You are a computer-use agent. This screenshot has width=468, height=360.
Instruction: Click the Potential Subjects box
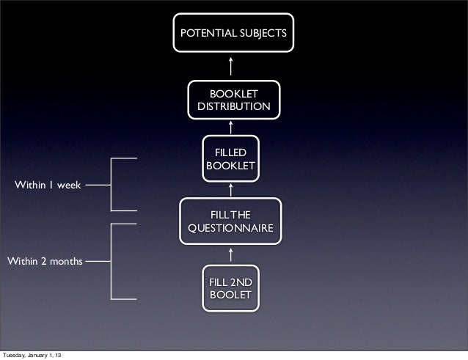[231, 33]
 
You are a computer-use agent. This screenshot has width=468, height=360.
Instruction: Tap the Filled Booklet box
[230, 159]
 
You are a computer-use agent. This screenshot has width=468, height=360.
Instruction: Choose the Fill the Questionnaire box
[230, 221]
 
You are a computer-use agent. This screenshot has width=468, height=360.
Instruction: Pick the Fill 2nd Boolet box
[230, 289]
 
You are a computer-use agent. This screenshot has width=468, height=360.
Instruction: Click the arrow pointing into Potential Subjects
[231, 65]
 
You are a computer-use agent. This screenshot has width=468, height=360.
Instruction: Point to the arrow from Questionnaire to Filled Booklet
[231, 189]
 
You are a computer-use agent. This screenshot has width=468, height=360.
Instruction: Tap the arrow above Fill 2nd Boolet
[231, 254]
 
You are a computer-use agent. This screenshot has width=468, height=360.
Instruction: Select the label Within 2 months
[45, 260]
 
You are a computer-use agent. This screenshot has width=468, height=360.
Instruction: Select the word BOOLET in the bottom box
[230, 295]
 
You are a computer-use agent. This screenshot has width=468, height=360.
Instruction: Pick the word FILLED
[230, 153]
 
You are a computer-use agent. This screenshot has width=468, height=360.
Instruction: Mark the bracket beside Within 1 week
[111, 185]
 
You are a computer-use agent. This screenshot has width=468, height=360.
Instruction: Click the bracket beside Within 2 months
[111, 260]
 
